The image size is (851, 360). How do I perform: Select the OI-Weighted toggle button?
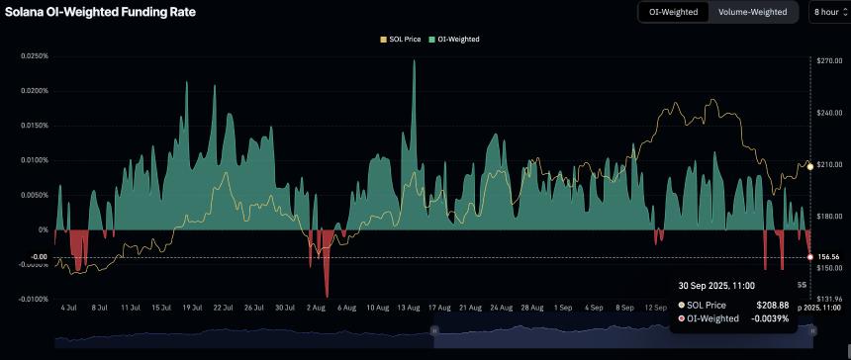(x=673, y=12)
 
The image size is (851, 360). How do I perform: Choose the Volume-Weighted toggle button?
(x=752, y=12)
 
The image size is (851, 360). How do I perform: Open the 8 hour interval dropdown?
(x=827, y=12)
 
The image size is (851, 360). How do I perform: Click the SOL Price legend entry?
(x=400, y=39)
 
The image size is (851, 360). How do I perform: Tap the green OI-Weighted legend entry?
(x=455, y=39)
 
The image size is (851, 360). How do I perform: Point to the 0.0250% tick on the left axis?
(x=33, y=55)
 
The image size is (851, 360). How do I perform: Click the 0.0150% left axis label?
(x=33, y=126)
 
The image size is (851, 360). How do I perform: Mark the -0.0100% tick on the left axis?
(x=33, y=299)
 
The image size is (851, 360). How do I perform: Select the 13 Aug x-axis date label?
(x=409, y=308)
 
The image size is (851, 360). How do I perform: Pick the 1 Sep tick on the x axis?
(x=562, y=308)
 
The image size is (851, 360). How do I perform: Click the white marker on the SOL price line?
(x=810, y=166)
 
